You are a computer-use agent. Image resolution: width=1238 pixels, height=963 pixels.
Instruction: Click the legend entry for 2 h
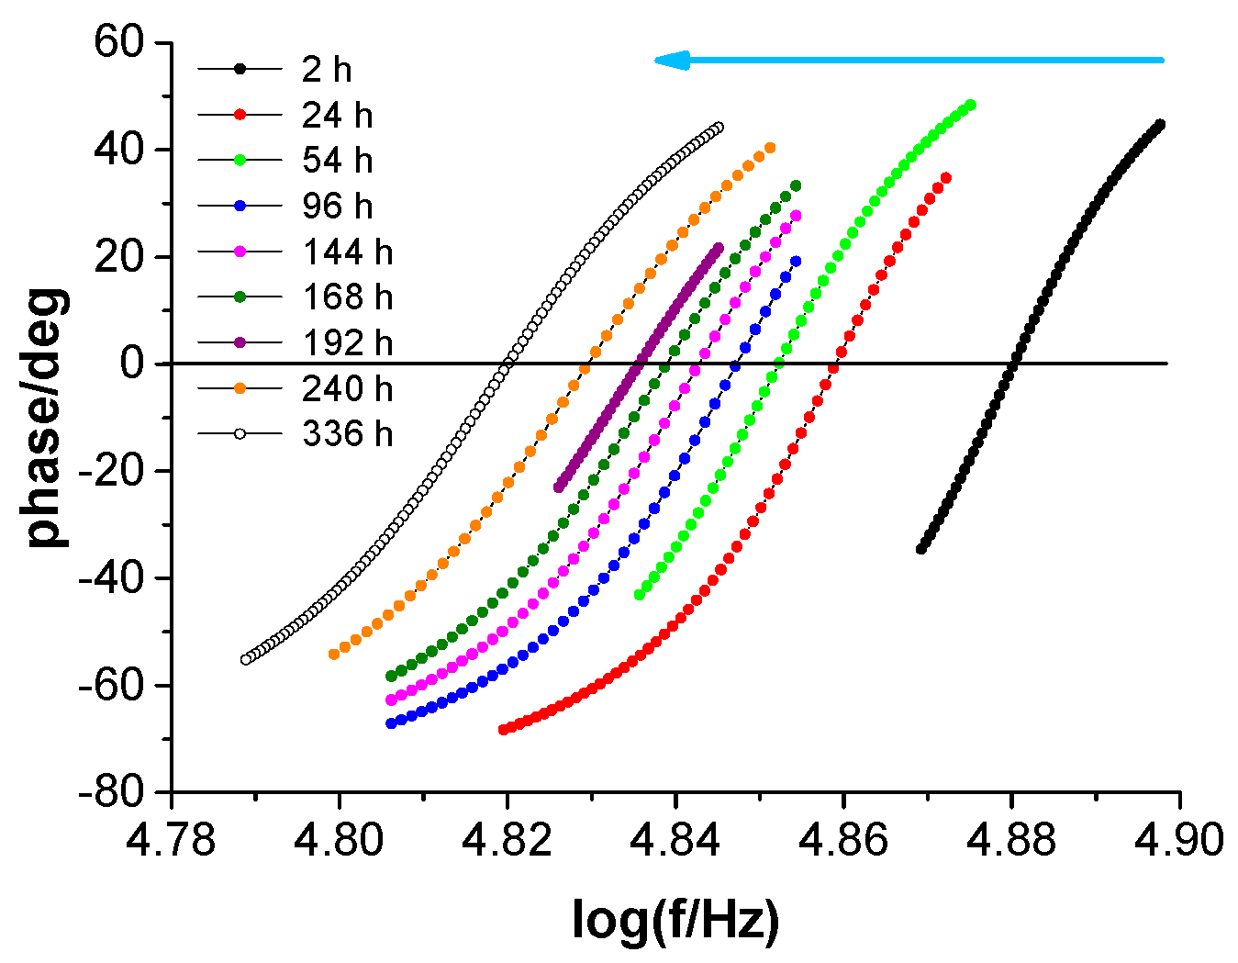(x=327, y=70)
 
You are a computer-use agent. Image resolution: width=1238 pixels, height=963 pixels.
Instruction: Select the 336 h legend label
(x=347, y=433)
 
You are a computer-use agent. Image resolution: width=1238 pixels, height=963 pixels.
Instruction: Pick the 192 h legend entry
(x=347, y=342)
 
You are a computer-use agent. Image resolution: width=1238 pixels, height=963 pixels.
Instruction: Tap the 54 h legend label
(x=337, y=161)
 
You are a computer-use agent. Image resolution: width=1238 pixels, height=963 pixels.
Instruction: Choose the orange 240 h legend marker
(x=240, y=388)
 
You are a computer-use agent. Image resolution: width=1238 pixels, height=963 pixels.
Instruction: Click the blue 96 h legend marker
(x=240, y=206)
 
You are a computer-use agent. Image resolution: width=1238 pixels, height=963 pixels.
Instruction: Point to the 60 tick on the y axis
(x=124, y=43)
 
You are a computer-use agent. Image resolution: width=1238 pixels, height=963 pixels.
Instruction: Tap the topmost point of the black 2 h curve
(x=1160, y=124)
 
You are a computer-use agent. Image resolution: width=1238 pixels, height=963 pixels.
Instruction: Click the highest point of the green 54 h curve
(x=970, y=105)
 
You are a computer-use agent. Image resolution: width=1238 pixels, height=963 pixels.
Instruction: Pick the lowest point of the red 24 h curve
(x=503, y=730)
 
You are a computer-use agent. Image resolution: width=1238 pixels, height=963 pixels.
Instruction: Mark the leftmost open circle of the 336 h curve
(x=245, y=659)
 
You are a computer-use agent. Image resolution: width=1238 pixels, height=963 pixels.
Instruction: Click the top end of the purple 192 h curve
(x=719, y=247)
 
